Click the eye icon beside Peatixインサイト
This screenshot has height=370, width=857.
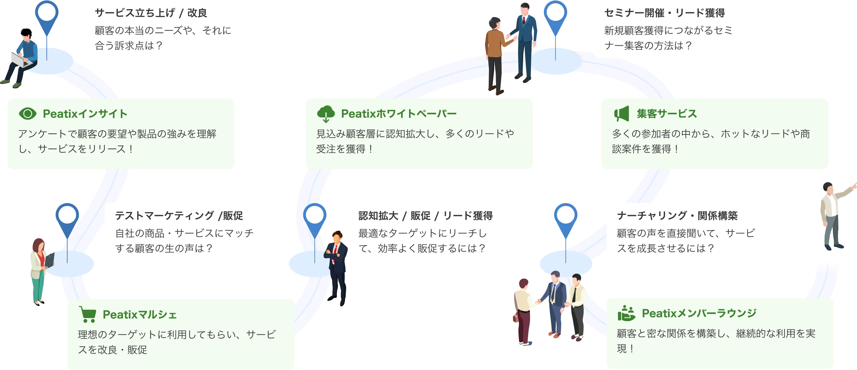pyautogui.click(x=28, y=114)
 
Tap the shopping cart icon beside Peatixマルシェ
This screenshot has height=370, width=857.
pyautogui.click(x=88, y=314)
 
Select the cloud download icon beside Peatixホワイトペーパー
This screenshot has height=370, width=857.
pyautogui.click(x=326, y=114)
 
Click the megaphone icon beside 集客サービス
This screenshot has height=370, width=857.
pyautogui.click(x=621, y=114)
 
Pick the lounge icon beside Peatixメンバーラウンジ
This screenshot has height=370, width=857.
pyautogui.click(x=626, y=313)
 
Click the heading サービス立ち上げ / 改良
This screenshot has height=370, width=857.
pyautogui.click(x=151, y=13)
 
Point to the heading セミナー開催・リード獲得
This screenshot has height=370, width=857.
pyautogui.click(x=664, y=13)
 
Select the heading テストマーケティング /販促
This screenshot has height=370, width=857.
pyautogui.click(x=179, y=216)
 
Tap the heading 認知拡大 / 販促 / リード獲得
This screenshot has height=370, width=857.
pyautogui.click(x=426, y=216)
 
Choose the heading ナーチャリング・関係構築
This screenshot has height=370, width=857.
pyautogui.click(x=677, y=216)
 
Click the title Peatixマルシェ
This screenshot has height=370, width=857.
pyautogui.click(x=139, y=314)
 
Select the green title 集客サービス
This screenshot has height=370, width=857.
pyautogui.click(x=667, y=114)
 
